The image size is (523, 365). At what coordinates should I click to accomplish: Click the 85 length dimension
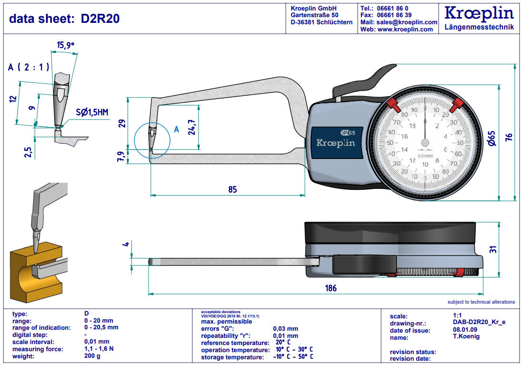pos(232,189)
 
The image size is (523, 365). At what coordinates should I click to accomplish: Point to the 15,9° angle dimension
pos(66,45)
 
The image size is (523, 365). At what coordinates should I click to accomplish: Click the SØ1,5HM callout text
pos(92,112)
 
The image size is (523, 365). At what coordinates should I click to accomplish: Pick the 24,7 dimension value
pos(191,128)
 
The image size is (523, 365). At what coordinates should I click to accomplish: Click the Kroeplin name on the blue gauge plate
pos(336,143)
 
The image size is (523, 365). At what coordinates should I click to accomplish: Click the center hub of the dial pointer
pos(425,142)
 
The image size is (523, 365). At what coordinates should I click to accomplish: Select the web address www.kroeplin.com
pos(405,30)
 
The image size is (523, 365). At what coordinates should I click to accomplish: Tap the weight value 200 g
pos(92,356)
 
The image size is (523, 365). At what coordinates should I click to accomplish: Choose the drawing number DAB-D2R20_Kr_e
pos(479,323)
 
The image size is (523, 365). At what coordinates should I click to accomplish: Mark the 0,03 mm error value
pos(285,328)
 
